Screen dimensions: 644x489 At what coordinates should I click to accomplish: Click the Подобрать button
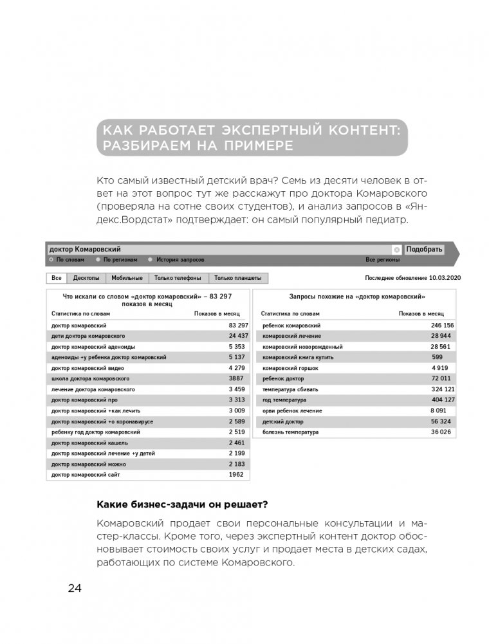tap(424, 249)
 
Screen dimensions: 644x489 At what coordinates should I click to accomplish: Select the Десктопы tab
tap(86, 278)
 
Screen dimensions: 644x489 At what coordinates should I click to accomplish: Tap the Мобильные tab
tap(127, 278)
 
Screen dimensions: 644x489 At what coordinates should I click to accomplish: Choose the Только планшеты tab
tap(237, 278)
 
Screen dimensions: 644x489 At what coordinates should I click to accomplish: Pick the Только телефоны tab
tap(178, 278)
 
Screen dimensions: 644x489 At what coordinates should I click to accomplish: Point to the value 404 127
tap(442, 400)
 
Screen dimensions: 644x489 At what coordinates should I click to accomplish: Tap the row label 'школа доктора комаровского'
tap(91, 378)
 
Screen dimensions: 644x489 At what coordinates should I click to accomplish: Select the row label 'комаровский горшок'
tap(290, 368)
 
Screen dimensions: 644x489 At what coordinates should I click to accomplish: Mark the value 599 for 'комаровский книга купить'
tap(437, 357)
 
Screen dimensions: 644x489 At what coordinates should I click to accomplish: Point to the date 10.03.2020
tap(445, 278)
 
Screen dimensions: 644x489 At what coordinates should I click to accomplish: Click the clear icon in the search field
tap(396, 250)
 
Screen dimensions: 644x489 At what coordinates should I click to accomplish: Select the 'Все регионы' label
tap(383, 260)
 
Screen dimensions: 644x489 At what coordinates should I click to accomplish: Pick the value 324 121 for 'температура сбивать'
tap(442, 389)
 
